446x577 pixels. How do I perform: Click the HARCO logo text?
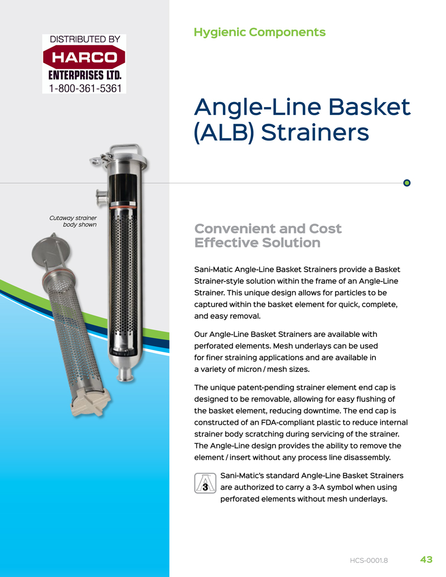click(84, 57)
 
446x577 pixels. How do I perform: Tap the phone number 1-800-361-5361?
click(84, 88)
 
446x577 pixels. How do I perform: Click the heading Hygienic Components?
click(259, 32)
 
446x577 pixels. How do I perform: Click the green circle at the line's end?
click(407, 183)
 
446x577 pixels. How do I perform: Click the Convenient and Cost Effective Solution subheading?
click(268, 236)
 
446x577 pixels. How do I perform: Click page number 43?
click(426, 559)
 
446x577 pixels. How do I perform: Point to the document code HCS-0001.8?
click(369, 560)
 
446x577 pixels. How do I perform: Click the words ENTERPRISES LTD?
click(84, 75)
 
